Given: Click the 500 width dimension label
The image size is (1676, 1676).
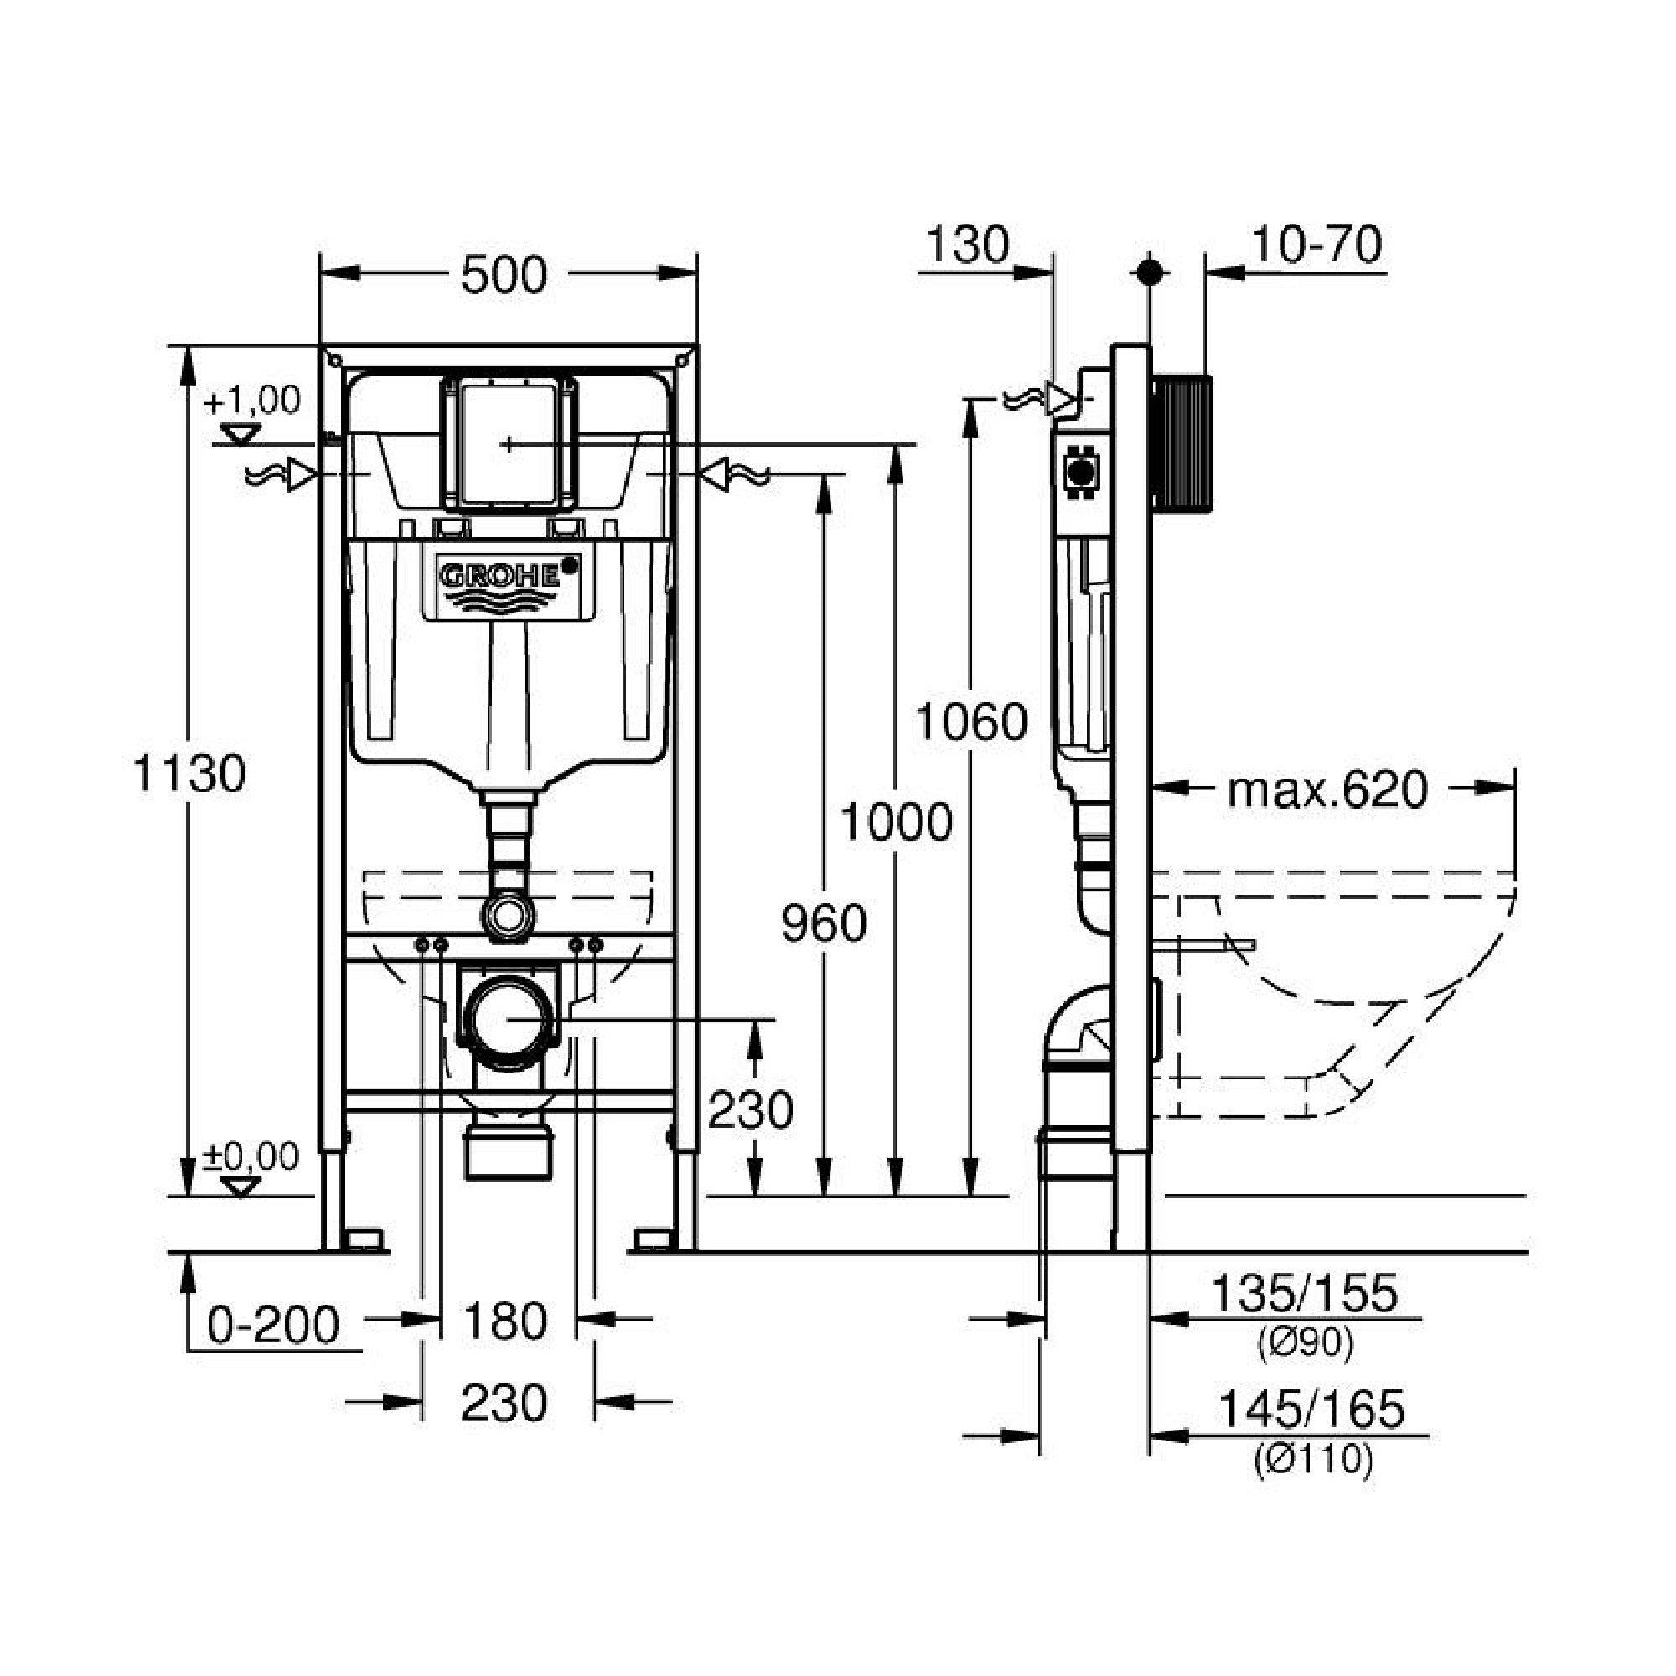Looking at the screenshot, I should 503,275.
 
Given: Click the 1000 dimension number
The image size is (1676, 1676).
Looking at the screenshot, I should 896,821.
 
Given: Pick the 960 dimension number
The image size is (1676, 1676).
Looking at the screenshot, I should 823,922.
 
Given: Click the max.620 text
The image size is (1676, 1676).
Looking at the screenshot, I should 1327,789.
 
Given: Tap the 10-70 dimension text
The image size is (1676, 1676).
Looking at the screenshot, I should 1316,246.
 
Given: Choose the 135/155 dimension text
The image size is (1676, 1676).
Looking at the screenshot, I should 1304,1293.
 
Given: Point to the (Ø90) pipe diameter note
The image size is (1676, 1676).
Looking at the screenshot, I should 1305,1342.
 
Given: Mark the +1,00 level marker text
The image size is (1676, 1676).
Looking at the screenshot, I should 252,401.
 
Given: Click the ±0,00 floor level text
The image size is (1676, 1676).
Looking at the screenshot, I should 251,1156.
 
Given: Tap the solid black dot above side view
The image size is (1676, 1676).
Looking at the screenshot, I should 1150,272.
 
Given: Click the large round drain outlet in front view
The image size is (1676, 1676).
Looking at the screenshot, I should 508,1019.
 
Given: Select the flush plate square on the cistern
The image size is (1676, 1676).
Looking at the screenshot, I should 508,444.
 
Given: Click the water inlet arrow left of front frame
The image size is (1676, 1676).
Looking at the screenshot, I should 300,474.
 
